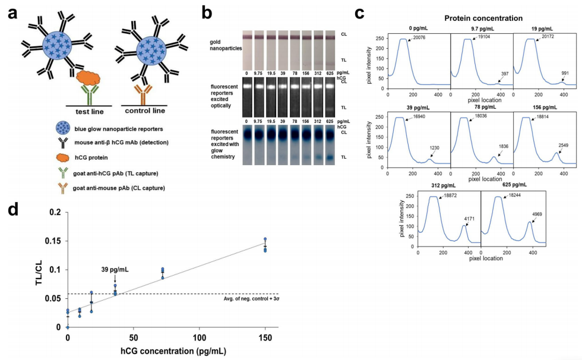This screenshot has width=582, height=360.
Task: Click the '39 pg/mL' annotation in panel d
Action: pos(115,269)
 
